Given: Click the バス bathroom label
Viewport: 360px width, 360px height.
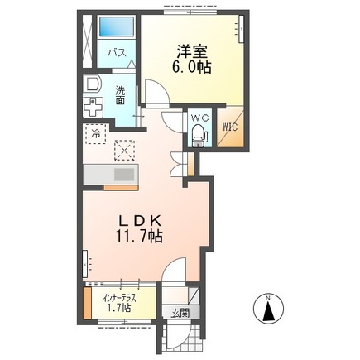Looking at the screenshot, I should [x=116, y=53].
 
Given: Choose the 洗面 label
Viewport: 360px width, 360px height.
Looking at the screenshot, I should [x=120, y=95].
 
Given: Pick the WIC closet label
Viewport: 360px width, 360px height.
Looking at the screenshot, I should [x=228, y=127].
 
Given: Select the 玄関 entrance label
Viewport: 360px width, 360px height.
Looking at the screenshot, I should [x=180, y=312].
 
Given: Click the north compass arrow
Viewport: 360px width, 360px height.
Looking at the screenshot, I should [x=268, y=313].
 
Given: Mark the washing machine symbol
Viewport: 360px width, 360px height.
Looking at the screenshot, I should [x=93, y=108].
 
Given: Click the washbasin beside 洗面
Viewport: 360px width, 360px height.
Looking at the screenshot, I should [x=92, y=84].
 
